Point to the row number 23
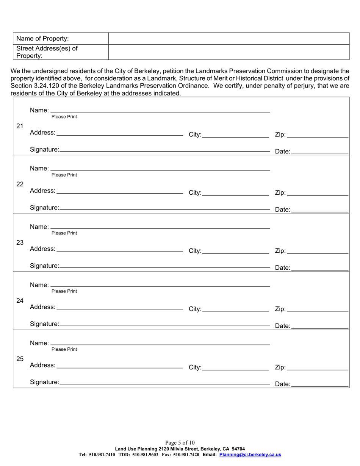point(20,242)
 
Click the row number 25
point(20,359)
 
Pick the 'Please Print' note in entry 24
point(64,291)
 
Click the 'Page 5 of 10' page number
point(180,443)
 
